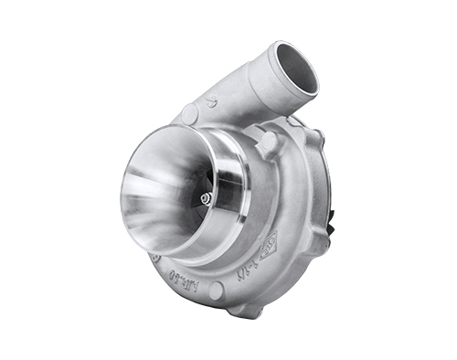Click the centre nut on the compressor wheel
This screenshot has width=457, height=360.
click(207, 197)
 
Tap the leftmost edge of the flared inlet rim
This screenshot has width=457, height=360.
click(121, 196)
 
